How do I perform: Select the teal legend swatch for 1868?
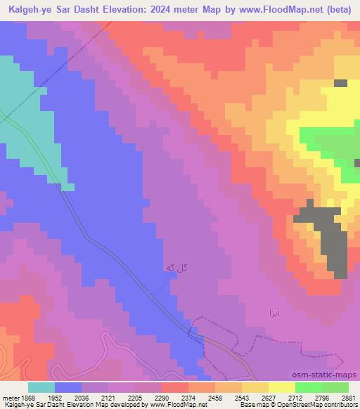[41, 387]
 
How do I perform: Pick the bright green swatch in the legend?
[309, 387]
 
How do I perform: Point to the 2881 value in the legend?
[347, 397]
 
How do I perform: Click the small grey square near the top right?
[340, 83]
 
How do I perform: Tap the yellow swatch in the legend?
[282, 387]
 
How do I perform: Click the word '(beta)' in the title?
[338, 11]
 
